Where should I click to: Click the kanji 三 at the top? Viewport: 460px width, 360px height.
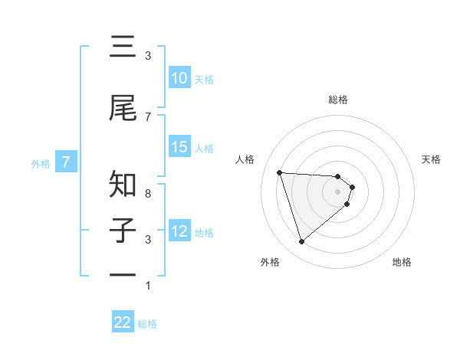pos(123,47)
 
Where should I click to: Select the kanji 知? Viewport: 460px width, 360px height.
pos(123,185)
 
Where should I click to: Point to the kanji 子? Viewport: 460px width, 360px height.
pos(123,231)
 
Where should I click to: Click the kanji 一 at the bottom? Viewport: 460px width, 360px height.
pos(123,274)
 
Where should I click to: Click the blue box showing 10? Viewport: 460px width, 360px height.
pos(179,78)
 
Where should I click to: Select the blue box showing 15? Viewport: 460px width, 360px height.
pos(179,147)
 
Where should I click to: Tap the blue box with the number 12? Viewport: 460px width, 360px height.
pos(179,231)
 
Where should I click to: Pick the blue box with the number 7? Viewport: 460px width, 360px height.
pos(66,162)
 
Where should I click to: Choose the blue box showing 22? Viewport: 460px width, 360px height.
pos(123,322)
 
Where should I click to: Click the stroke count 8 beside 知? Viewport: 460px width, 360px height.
pos(148,193)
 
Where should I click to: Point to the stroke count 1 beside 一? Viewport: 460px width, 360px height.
pos(148,286)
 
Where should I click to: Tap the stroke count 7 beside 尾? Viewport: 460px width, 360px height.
pos(148,116)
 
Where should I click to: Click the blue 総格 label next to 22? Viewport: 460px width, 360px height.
pos(147,324)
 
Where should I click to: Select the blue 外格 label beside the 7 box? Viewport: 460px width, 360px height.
pos(41,163)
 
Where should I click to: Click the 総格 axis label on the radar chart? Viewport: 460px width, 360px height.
pos(338,100)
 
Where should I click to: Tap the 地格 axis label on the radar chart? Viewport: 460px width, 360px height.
pos(402,262)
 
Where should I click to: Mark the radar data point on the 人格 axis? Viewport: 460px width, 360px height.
pos(280,172)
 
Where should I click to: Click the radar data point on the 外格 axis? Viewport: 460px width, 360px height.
pos(301,242)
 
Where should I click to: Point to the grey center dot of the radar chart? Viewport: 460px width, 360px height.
pos(338,191)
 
